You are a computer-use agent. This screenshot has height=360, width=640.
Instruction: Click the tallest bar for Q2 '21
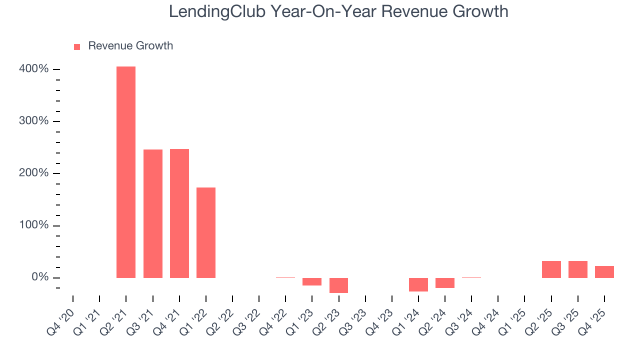click(x=126, y=172)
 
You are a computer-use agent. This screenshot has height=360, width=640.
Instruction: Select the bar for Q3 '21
click(x=153, y=213)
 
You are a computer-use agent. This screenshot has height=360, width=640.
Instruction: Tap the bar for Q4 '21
click(x=179, y=213)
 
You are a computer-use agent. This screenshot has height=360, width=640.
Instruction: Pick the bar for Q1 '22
click(x=206, y=232)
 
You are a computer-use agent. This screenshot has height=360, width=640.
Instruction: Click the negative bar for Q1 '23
click(x=312, y=281)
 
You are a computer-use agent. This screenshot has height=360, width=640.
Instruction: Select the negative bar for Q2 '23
click(x=338, y=285)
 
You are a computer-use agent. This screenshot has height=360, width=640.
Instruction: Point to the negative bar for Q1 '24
click(x=418, y=284)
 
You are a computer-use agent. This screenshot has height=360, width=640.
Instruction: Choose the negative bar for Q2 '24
click(x=445, y=283)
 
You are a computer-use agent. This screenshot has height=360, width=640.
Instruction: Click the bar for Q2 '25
click(x=551, y=269)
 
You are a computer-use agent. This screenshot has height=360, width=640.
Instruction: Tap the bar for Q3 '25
click(x=577, y=269)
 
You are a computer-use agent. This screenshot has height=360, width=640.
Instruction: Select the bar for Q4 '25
click(x=604, y=272)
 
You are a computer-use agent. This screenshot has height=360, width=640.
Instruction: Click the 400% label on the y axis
click(x=34, y=69)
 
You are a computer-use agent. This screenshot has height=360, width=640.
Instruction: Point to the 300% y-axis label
click(x=34, y=121)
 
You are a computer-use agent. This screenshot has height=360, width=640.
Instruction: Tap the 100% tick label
click(x=34, y=225)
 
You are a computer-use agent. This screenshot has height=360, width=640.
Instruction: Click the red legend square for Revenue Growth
click(x=77, y=47)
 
